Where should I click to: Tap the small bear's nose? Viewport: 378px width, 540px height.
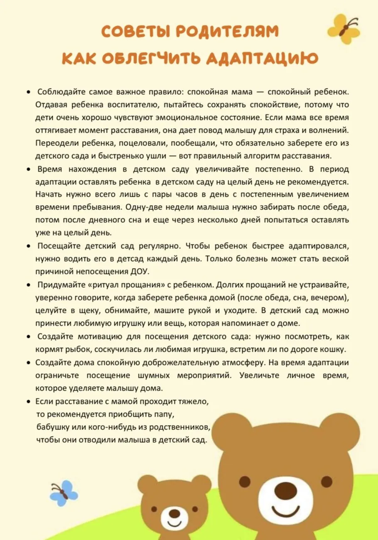click(x=175, y=514)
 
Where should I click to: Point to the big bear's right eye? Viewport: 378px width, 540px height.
click(x=326, y=481)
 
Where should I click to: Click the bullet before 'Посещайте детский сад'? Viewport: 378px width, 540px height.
click(x=28, y=246)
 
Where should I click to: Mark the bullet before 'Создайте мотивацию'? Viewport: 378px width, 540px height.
click(x=28, y=337)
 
